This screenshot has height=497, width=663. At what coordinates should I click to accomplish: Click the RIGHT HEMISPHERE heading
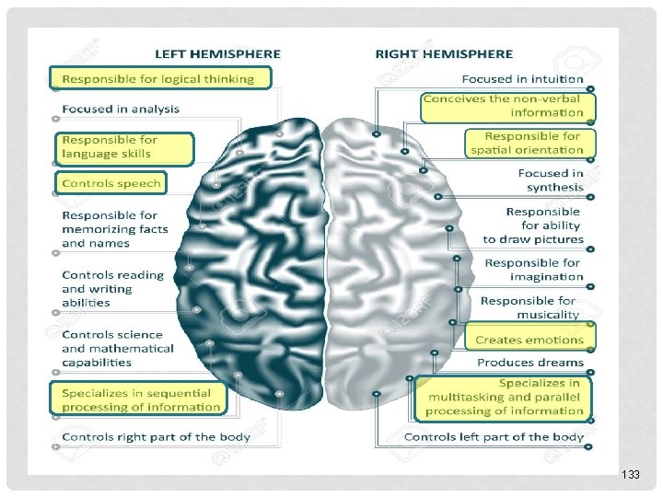coord(444,53)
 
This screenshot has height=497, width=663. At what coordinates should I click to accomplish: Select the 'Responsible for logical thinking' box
coord(161,78)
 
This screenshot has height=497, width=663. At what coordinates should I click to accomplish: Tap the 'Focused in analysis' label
coord(121,109)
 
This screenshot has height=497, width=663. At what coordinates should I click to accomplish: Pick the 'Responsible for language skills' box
coord(122,147)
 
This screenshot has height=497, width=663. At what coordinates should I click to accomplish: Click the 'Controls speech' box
coord(110,183)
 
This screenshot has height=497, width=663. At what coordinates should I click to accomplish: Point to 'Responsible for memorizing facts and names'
coord(115,229)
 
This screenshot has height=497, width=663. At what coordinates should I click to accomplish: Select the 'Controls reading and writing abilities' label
coord(112,288)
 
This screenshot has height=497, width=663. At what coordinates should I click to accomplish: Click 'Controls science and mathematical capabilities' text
coord(118,348)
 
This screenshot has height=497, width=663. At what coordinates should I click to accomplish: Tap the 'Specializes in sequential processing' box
coord(141,399)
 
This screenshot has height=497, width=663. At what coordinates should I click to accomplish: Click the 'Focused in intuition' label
coord(522,80)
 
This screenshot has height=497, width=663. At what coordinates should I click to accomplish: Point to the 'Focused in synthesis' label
coord(550,180)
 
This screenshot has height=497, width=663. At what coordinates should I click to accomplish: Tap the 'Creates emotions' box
coord(529,340)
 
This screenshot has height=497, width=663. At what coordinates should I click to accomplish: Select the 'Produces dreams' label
coord(530,363)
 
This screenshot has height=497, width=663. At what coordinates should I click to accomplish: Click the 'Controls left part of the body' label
coord(494,436)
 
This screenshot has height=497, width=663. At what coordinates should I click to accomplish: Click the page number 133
coord(630,474)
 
